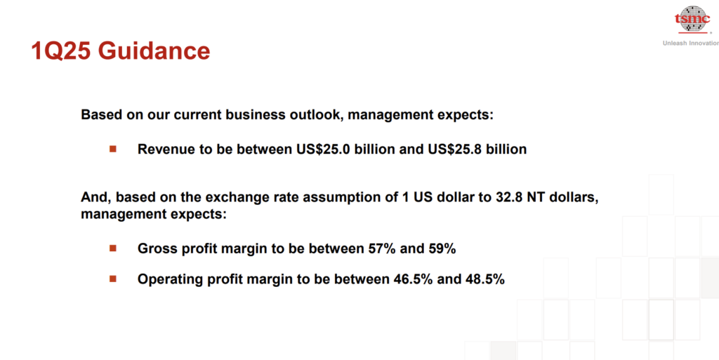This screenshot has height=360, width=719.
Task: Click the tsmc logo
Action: [x=692, y=19]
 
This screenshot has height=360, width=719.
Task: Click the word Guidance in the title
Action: [x=154, y=51]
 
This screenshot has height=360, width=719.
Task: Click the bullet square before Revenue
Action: [x=113, y=149]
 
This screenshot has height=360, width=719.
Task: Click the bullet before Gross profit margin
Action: [x=113, y=248]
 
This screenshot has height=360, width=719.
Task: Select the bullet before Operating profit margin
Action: [x=113, y=279]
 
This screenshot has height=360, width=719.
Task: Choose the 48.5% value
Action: [x=485, y=279]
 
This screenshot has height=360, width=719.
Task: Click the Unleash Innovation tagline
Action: [x=691, y=43]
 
